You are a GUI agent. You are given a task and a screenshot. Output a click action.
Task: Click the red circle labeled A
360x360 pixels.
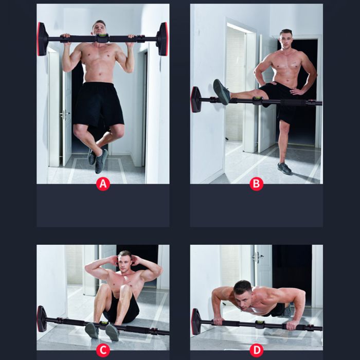point(103,184)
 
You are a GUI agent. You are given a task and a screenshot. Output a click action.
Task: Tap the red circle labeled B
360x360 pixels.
point(256,184)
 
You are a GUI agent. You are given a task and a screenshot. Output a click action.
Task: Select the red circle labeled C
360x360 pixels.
point(103,350)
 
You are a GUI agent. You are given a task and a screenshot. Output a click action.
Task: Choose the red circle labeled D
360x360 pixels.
point(256,350)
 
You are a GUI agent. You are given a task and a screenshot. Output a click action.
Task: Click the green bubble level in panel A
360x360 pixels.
point(102,35)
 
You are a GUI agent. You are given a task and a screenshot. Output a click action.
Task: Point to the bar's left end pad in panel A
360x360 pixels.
point(43,39)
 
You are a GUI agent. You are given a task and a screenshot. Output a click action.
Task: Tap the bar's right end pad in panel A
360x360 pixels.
point(162,39)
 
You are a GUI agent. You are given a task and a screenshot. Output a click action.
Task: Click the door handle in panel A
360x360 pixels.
point(65,113)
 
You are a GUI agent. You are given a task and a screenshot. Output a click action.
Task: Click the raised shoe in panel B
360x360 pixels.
point(221,92)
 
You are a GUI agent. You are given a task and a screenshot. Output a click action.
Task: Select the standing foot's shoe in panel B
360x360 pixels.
point(284,168)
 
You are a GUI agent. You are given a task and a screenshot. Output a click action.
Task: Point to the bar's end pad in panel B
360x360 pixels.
point(196,99)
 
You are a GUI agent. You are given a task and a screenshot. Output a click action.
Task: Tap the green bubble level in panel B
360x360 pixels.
point(258,98)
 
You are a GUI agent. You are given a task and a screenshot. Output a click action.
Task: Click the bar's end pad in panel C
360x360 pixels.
point(42,319)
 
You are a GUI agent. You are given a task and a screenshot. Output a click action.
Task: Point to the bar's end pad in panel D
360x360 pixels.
point(196,321)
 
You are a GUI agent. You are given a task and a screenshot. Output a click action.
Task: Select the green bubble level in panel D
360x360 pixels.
point(259,322)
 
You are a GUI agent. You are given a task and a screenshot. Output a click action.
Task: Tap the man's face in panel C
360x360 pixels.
point(124,263)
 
